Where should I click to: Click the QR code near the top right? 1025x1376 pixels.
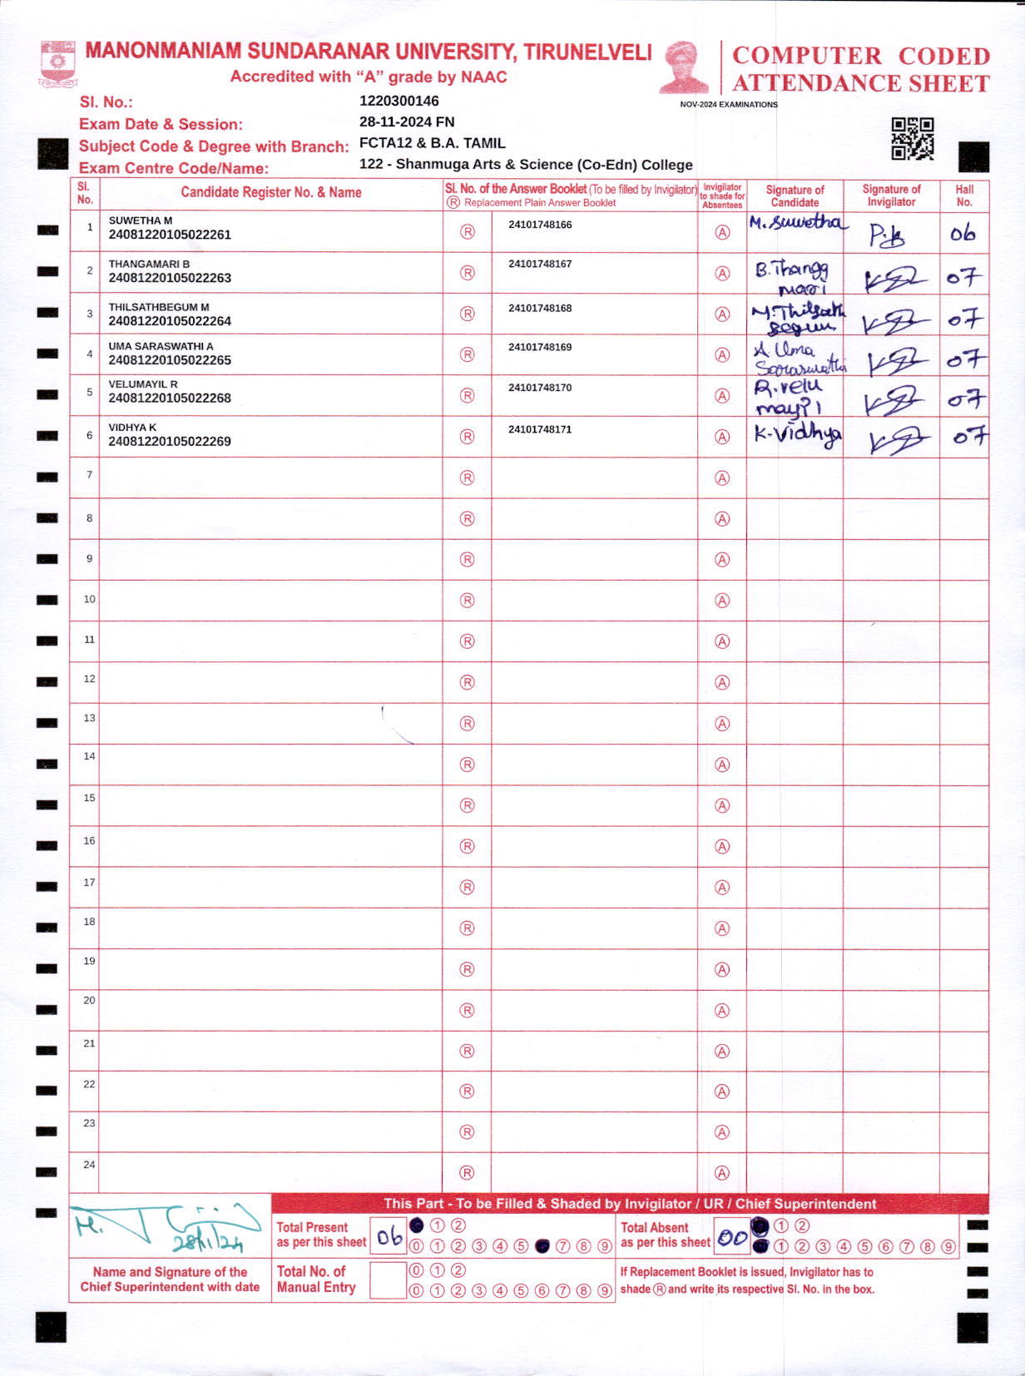point(912,138)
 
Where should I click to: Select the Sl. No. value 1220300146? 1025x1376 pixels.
point(399,101)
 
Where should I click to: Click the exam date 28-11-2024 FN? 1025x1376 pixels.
point(406,122)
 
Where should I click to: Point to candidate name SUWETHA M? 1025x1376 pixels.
point(141,220)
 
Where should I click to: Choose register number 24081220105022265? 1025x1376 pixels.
point(170,360)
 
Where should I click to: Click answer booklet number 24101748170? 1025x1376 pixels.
point(540,388)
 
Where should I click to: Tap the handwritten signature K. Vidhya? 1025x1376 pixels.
point(796,434)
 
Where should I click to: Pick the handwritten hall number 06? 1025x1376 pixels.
point(963,234)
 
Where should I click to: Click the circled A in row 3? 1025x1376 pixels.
point(722,314)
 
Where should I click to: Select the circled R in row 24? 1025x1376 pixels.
point(467,1173)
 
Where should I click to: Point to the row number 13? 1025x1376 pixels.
point(89,718)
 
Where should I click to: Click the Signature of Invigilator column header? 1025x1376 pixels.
point(891,196)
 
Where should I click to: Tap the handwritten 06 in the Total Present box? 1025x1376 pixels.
point(389,1237)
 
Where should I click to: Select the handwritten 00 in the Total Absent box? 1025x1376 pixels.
point(732,1238)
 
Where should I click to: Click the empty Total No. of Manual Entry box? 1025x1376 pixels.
point(388,1280)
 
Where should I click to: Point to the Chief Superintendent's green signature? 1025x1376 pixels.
point(166,1227)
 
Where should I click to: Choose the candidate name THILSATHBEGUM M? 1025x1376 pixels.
point(159,307)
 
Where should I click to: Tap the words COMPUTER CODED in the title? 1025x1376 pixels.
point(860,56)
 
